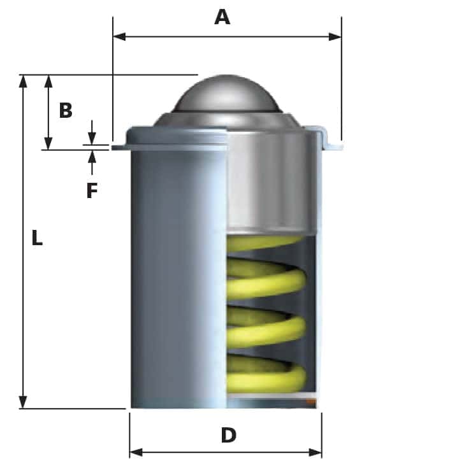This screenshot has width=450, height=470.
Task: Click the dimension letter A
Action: coord(222,17)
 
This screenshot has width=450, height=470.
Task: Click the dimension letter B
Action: coord(66,110)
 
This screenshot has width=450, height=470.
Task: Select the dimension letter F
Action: coord(92,190)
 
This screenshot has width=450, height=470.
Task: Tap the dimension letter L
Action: coord(37,239)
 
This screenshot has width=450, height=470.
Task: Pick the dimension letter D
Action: coord(228,436)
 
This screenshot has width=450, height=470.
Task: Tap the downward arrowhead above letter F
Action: coord(92,139)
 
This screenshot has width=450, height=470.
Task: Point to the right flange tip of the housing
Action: coord(338,147)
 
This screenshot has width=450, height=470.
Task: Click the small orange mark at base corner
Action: coord(311,402)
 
